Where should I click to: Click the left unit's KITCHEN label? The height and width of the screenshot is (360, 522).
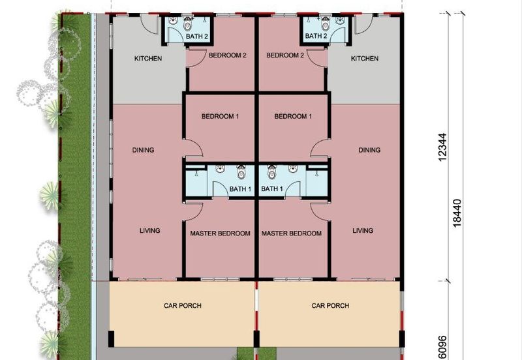click(x=148, y=59)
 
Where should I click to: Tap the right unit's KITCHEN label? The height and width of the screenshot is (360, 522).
click(x=365, y=59)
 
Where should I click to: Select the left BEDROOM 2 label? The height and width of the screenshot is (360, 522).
click(x=227, y=55)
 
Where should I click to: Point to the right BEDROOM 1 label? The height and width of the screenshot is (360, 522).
click(x=293, y=117)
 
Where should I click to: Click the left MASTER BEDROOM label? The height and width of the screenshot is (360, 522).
click(x=220, y=233)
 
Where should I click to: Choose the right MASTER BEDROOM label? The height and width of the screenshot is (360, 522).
click(x=291, y=233)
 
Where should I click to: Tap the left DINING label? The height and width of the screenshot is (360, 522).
click(x=143, y=150)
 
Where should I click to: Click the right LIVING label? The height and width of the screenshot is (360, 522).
click(x=363, y=231)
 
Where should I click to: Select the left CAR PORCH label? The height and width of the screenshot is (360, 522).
click(x=183, y=305)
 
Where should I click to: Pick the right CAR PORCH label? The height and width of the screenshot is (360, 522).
click(x=330, y=305)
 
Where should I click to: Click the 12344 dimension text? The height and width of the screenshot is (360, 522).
click(x=442, y=147)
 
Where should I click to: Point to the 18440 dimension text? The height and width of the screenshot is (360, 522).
click(x=457, y=213)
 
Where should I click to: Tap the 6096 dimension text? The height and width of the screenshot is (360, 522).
click(x=442, y=348)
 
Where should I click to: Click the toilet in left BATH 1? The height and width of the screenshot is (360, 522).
click(x=241, y=172)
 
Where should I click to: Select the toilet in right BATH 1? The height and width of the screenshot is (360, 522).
click(x=272, y=172)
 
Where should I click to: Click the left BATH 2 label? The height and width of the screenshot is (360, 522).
click(x=197, y=37)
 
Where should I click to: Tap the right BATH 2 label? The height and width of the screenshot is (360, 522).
click(x=316, y=36)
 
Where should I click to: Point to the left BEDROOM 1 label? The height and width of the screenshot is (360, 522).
click(x=220, y=117)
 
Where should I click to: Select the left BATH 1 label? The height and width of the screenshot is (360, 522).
click(x=240, y=189)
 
